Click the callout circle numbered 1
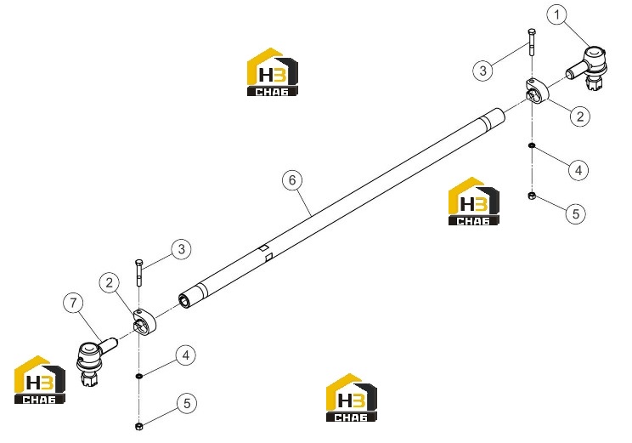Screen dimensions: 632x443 (x=556, y=15)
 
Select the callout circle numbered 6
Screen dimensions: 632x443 (x=292, y=180)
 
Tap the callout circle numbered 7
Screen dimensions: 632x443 (x=73, y=303)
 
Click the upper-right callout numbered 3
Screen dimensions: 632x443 (x=482, y=71)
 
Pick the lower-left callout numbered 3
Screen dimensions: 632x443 (x=182, y=249)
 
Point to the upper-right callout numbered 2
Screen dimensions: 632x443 (x=580, y=116)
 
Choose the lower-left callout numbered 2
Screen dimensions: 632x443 (x=110, y=282)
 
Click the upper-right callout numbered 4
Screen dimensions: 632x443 (x=578, y=170)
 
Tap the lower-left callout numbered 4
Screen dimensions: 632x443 (x=186, y=355)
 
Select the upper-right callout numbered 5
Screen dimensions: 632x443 (x=576, y=213)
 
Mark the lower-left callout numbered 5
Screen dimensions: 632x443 (x=187, y=403)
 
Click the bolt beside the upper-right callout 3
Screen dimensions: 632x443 (x=532, y=42)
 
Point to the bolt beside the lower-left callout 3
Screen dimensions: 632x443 (x=139, y=272)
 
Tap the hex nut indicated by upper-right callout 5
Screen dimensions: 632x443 (x=532, y=196)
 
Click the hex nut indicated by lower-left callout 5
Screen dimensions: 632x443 (x=138, y=426)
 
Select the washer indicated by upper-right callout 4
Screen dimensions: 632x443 (x=532, y=145)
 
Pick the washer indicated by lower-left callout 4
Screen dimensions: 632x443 (x=139, y=376)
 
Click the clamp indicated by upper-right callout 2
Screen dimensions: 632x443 (x=537, y=91)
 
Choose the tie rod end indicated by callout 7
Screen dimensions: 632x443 (x=93, y=359)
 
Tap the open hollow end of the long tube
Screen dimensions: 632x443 (x=184, y=301)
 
